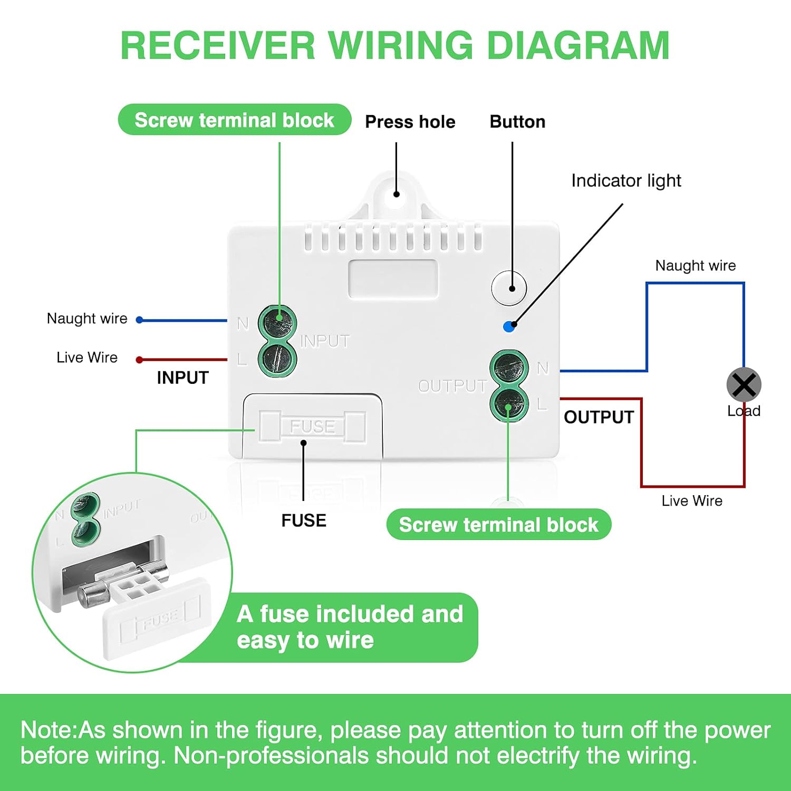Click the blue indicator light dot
pyautogui.click(x=509, y=327)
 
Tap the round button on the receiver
pyautogui.click(x=509, y=288)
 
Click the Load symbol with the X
pyautogui.click(x=744, y=385)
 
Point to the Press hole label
pyautogui.click(x=410, y=122)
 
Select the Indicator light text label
pyautogui.click(x=626, y=181)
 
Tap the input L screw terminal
pyautogui.click(x=277, y=359)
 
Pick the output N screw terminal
pyautogui.click(x=509, y=368)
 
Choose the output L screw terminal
pyautogui.click(x=509, y=404)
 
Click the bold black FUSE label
pyautogui.click(x=304, y=520)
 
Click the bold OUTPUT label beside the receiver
pyautogui.click(x=599, y=417)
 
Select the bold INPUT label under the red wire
pyautogui.click(x=182, y=378)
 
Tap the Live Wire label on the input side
pyautogui.click(x=87, y=358)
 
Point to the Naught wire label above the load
pyautogui.click(x=696, y=265)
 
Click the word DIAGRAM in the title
pyautogui.click(x=578, y=45)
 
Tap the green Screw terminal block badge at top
pyautogui.click(x=235, y=120)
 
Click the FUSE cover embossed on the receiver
pyautogui.click(x=312, y=426)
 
